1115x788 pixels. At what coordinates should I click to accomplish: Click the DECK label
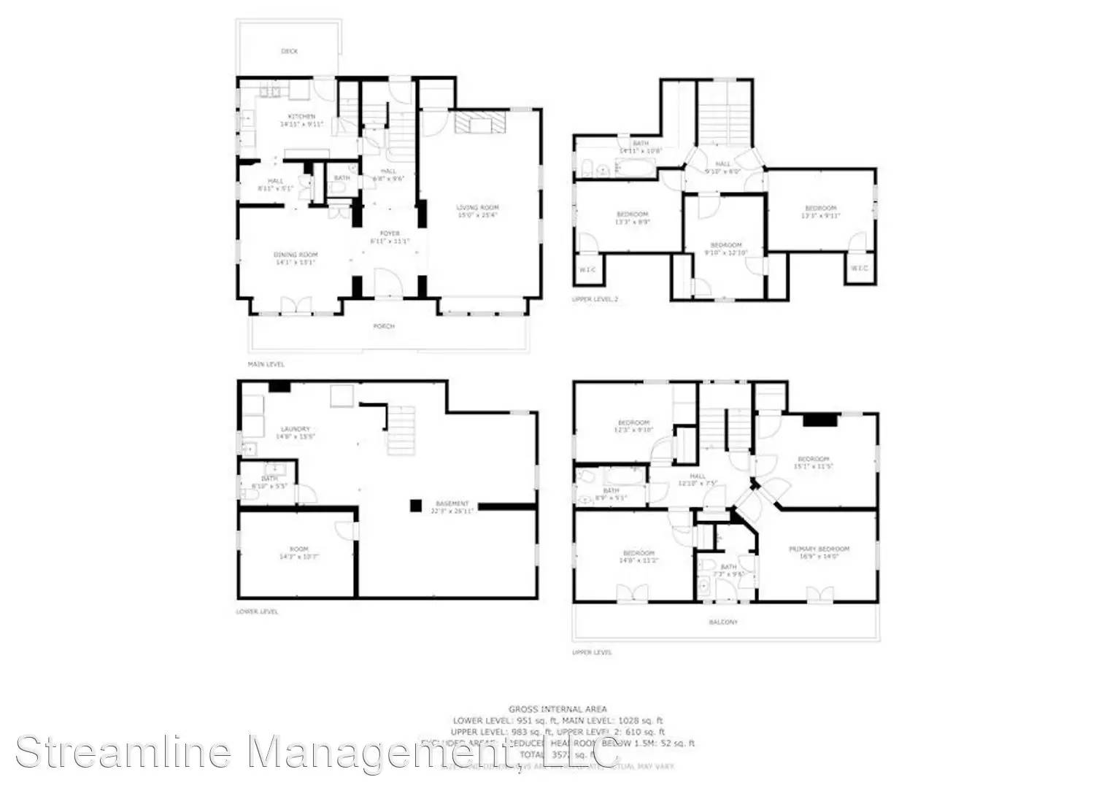tap(290, 51)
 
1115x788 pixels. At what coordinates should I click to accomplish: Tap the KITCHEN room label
tap(301, 117)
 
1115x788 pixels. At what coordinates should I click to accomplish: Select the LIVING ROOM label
tap(478, 208)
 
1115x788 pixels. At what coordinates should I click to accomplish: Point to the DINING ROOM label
tap(296, 255)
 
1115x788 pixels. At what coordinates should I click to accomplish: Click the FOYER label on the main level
tap(390, 233)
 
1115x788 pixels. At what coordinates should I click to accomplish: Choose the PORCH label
tap(384, 326)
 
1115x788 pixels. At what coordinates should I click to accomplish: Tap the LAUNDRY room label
tap(296, 429)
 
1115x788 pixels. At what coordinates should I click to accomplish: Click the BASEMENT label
tap(452, 503)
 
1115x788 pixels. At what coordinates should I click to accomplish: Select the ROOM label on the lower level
tap(299, 549)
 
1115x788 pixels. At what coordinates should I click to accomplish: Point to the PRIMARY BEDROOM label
tap(819, 549)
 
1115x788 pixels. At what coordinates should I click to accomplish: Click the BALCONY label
tap(723, 622)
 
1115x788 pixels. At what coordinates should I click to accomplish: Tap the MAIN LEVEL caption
tap(266, 364)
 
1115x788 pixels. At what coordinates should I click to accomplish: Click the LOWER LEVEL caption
tap(257, 611)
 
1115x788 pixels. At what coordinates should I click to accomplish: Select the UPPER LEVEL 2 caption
tap(595, 299)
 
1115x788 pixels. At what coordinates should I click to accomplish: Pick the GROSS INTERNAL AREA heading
tap(557, 708)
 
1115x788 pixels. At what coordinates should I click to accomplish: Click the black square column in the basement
tap(416, 504)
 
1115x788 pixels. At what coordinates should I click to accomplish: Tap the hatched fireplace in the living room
tap(479, 122)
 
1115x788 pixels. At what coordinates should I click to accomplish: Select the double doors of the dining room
tap(296, 305)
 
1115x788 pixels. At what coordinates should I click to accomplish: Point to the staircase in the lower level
tap(401, 430)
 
